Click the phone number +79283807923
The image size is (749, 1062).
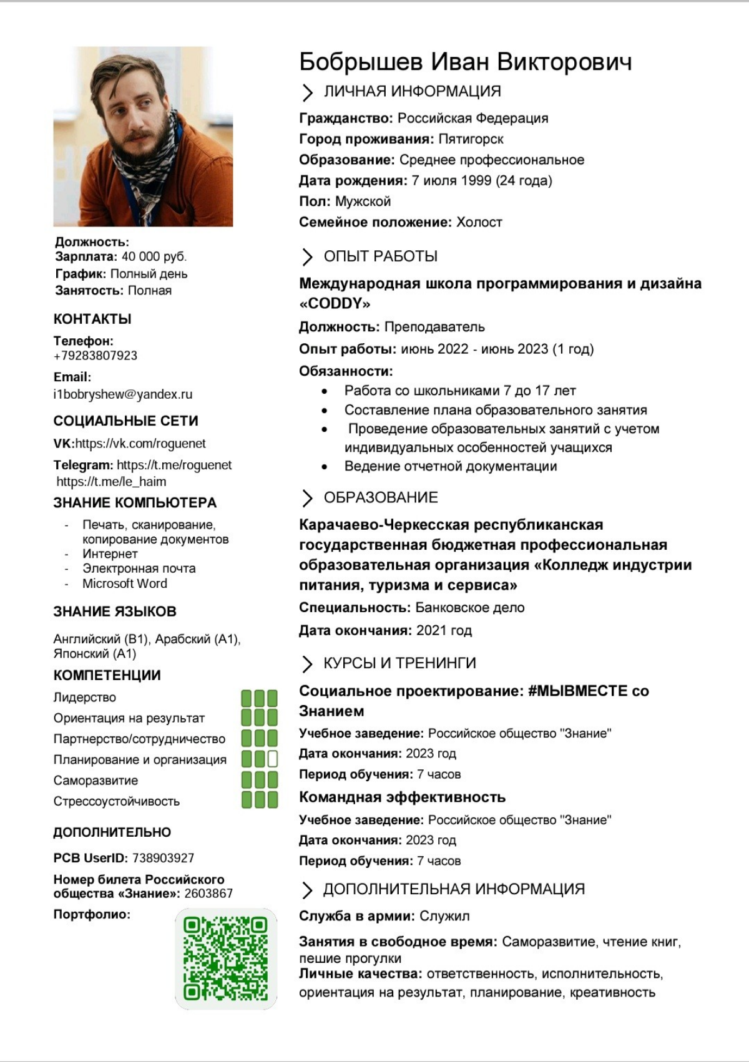(x=95, y=356)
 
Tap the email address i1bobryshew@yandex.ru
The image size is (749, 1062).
(x=123, y=394)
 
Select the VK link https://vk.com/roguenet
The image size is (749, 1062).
(x=140, y=444)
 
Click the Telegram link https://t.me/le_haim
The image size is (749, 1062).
(x=111, y=482)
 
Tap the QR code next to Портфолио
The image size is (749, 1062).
(x=225, y=958)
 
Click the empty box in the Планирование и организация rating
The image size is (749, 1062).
(x=273, y=759)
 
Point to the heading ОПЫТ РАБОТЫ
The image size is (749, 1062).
(x=380, y=256)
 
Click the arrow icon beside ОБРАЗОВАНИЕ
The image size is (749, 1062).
(x=306, y=498)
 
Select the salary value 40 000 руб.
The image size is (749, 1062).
(x=154, y=256)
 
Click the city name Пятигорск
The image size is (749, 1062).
(x=471, y=139)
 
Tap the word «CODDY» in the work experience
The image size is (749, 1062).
(x=335, y=304)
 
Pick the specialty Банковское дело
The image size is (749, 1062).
(x=469, y=608)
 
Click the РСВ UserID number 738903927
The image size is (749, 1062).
(x=163, y=858)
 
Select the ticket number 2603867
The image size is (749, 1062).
(x=208, y=894)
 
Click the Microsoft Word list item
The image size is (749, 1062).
(x=125, y=583)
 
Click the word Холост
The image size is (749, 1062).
(x=479, y=222)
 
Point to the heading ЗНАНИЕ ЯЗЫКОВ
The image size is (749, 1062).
(x=115, y=611)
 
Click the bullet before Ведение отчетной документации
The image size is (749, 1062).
(x=325, y=467)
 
